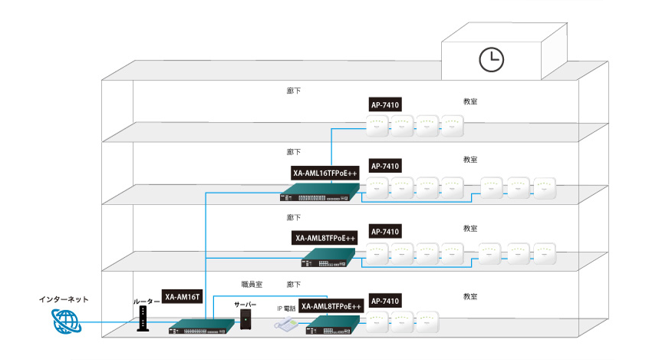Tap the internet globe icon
click(x=65, y=323)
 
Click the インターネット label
click(x=64, y=299)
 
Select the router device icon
click(x=141, y=319)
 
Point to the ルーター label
click(x=146, y=302)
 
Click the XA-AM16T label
click(x=182, y=297)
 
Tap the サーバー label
click(x=245, y=303)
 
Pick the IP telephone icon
click(x=287, y=324)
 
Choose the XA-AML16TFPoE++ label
click(x=324, y=173)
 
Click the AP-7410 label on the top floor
click(x=386, y=104)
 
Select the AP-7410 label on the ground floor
click(x=386, y=299)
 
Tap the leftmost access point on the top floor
click(x=377, y=125)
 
